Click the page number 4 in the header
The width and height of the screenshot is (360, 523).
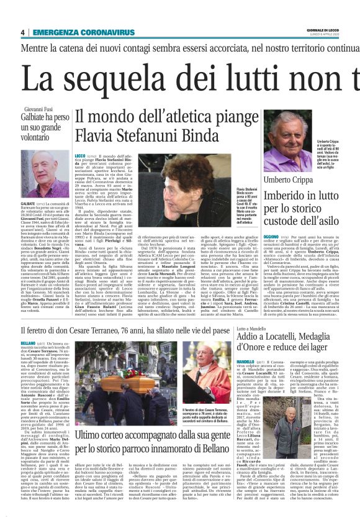(22, 33)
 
